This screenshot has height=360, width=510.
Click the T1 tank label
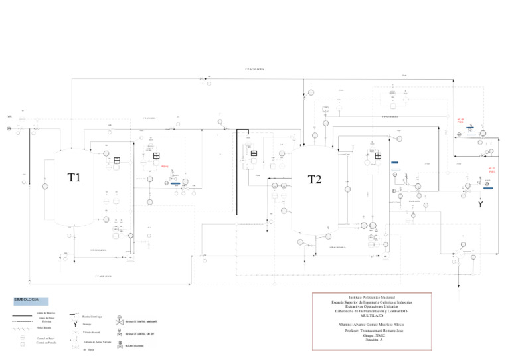74,177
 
